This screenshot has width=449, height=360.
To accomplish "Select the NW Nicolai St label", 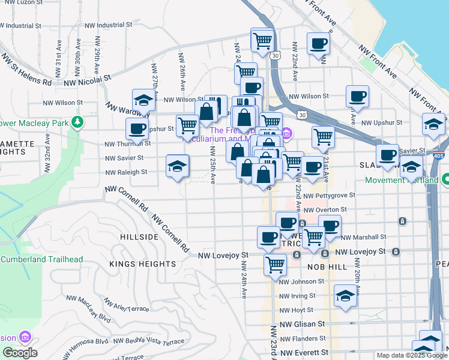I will coord(88,79).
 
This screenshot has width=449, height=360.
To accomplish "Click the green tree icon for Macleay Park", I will coord(77,123).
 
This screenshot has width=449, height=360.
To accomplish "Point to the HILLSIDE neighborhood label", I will coord(139,237).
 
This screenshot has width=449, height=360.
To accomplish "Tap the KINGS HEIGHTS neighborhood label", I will coord(143,264).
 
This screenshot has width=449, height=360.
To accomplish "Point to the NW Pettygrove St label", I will coord(329,196).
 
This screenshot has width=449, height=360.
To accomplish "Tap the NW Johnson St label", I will coord(301,281).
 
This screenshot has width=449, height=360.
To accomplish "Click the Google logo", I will coord(19,353).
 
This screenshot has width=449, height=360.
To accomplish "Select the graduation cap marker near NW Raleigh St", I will coord(177,167).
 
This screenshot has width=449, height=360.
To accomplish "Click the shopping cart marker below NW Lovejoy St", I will coord(275,264).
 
